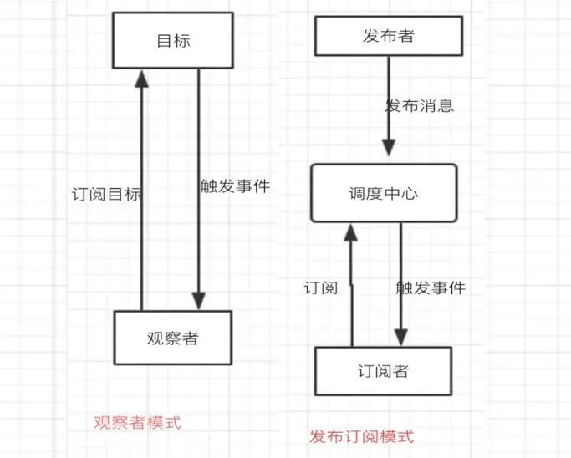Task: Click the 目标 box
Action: click(173, 40)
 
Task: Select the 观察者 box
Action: click(172, 338)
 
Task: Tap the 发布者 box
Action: click(388, 37)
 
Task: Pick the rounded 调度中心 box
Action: click(383, 193)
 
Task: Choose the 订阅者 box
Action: click(383, 370)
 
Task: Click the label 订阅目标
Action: click(107, 195)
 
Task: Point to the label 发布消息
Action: click(420, 106)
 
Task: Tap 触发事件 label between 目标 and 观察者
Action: click(235, 186)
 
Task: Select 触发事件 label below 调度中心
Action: click(430, 288)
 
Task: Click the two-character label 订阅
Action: click(319, 288)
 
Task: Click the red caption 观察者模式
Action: click(137, 423)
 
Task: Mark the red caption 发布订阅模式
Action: click(361, 436)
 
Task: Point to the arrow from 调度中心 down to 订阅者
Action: click(400, 276)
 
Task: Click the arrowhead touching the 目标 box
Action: click(142, 78)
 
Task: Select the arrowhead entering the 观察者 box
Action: click(198, 301)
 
